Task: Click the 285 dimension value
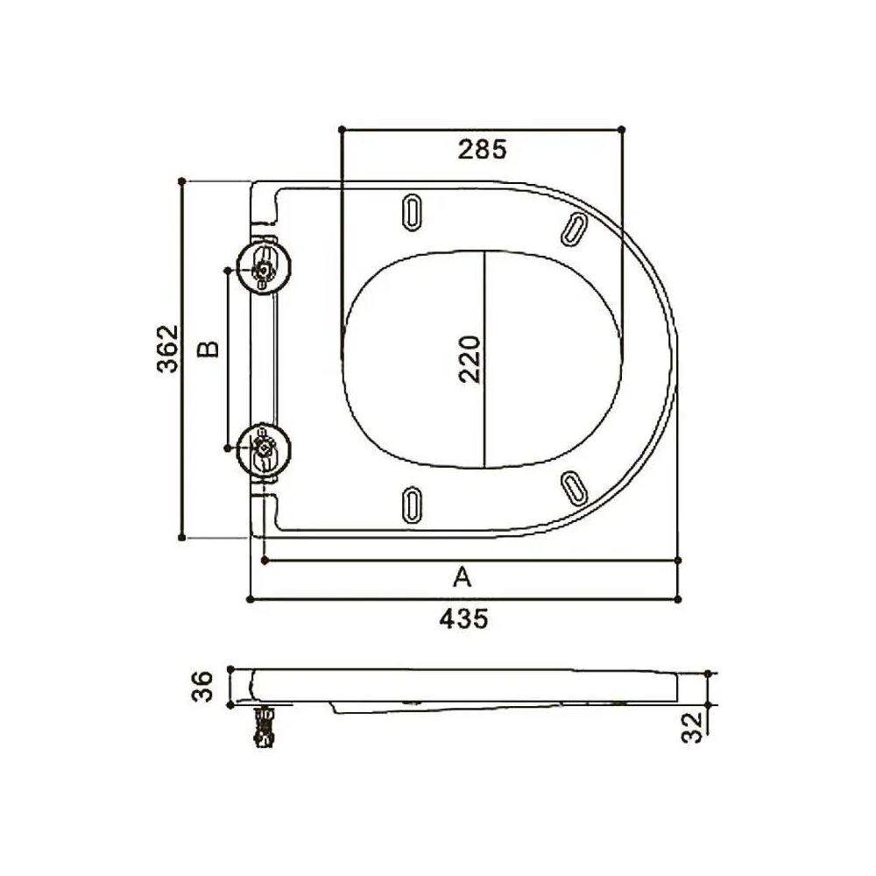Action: tap(482, 149)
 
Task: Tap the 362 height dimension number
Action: tap(167, 349)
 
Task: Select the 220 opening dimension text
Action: tap(470, 358)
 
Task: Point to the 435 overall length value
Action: tap(463, 619)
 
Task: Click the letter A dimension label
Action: tap(462, 576)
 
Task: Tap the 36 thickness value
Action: tap(202, 687)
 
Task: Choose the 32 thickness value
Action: tap(692, 727)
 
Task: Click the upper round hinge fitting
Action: tap(264, 269)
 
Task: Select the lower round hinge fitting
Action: tap(264, 448)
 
